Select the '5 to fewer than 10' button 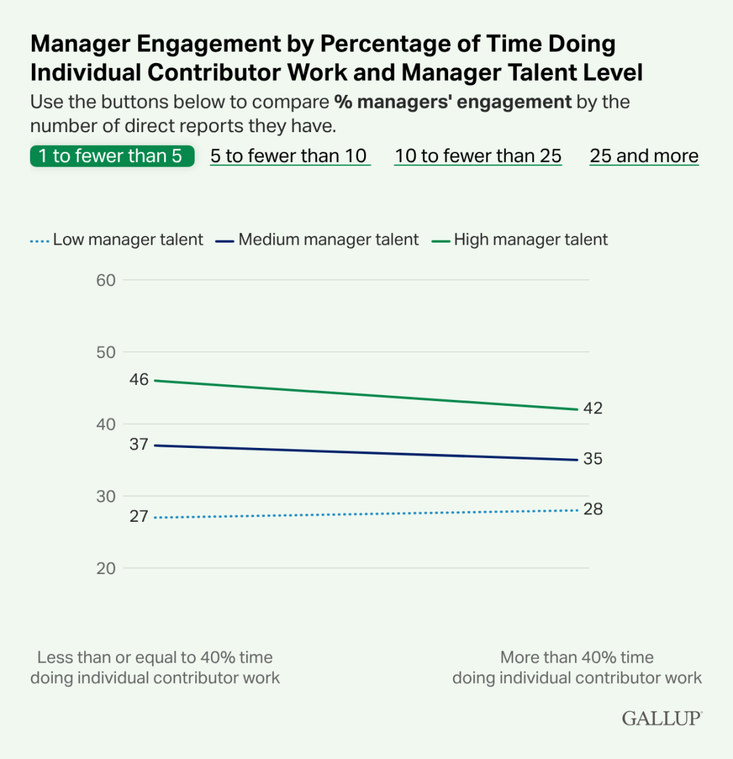point(290,156)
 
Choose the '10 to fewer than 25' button point(478,156)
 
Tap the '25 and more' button point(644,156)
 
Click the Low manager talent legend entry point(117,239)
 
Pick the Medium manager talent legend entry point(317,239)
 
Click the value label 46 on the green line point(140,380)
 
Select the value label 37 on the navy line point(140,445)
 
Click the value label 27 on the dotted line point(140,516)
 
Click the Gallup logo point(662,719)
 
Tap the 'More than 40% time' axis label point(577,657)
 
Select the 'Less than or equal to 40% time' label point(155,657)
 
